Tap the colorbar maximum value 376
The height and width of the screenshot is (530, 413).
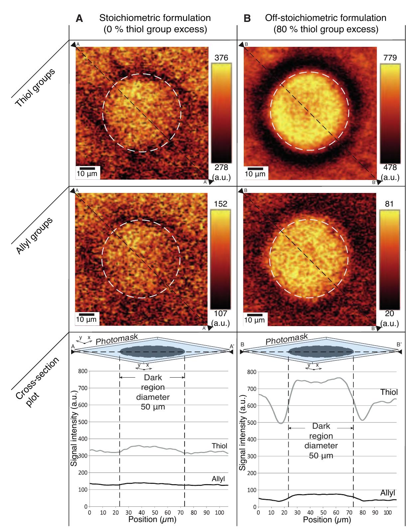[221, 58]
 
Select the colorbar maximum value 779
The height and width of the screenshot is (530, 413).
[390, 58]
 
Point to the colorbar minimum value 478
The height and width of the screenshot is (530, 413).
[390, 168]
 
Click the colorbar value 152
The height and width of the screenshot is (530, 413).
[221, 204]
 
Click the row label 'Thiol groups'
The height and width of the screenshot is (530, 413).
[35, 88]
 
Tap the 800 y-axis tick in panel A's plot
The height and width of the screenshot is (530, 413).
[83, 371]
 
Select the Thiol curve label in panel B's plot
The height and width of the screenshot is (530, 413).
[389, 393]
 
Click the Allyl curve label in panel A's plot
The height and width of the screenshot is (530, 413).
[218, 479]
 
